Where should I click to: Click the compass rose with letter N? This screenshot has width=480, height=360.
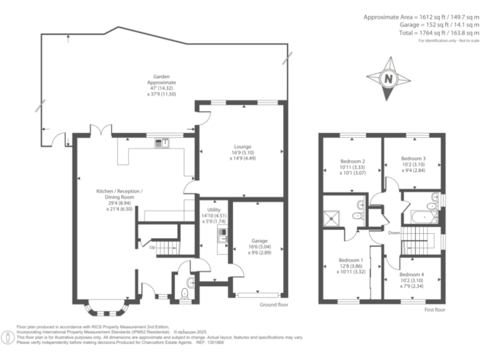coord(388,79)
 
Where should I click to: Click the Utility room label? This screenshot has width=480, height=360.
coord(210,212)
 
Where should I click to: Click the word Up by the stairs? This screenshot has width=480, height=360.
coord(152,247)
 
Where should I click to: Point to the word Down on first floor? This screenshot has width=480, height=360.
coord(394,233)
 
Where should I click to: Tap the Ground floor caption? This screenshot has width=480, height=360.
coord(274,304)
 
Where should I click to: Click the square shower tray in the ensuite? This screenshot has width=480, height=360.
coord(332,218)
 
